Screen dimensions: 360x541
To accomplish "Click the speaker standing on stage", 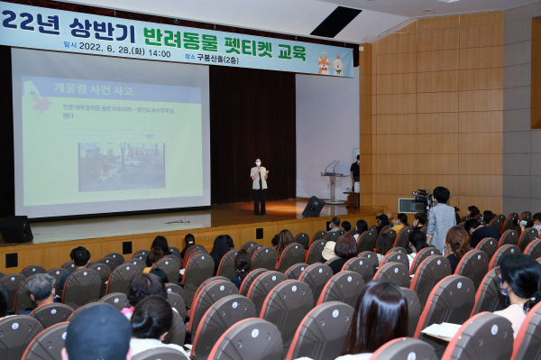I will tap(259, 185).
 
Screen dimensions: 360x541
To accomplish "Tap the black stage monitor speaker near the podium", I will tap(314, 207).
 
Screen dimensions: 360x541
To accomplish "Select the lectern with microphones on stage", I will tap(334, 184).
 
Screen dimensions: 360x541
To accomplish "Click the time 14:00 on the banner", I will tap(159, 52).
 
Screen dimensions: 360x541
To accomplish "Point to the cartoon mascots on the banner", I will tap(330, 64).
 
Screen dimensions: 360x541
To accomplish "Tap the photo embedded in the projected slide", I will tap(121, 166).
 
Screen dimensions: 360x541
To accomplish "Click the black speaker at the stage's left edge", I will tap(15, 229).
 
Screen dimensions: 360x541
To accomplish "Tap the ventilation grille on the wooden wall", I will tap(409, 205).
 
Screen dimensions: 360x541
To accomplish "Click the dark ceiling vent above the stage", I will tap(335, 21).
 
